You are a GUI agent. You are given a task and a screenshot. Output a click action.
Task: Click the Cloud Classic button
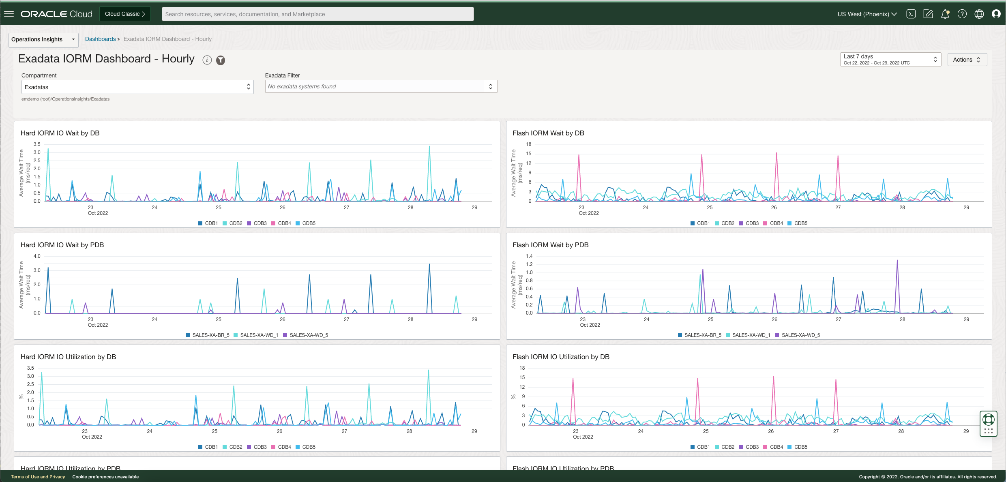coord(124,14)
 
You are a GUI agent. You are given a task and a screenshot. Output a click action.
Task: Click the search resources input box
coord(317,14)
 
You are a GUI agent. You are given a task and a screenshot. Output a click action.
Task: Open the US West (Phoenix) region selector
coord(867,14)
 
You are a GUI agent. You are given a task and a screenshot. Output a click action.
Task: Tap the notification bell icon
coord(945,14)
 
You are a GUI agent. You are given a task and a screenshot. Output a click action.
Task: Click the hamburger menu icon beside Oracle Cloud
coord(9,14)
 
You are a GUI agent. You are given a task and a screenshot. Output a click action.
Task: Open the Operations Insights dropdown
coord(43,40)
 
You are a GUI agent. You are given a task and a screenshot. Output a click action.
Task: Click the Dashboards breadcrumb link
coord(100,39)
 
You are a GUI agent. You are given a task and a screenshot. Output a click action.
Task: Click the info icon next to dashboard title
coord(207,60)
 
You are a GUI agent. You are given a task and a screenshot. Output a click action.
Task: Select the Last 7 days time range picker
coord(890,60)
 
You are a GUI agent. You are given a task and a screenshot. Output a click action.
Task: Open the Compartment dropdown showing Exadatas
coord(137,87)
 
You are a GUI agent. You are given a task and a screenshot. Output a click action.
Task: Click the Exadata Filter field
coord(381,87)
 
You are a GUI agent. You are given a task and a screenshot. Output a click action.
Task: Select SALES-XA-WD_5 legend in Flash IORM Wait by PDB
coord(797,335)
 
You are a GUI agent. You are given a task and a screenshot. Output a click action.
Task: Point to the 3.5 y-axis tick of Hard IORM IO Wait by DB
coord(37,144)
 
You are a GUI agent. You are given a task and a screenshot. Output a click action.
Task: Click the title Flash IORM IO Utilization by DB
coord(561,357)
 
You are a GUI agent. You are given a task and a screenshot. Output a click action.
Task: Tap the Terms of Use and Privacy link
coord(38,477)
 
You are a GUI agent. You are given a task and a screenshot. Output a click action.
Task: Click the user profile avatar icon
coord(996,14)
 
